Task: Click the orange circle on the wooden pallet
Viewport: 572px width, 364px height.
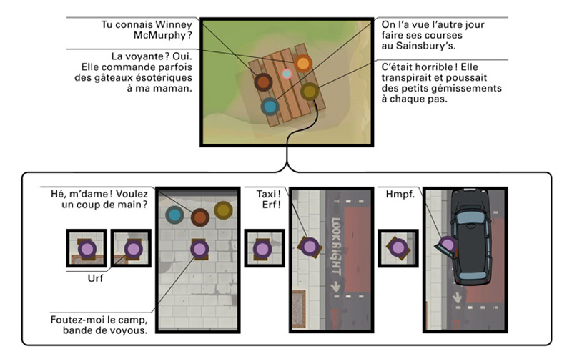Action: coord(303,64)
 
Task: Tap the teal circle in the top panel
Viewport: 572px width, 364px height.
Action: coord(270,107)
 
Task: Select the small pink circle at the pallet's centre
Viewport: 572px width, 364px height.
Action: coord(287,74)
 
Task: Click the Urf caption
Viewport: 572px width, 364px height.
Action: coord(95,278)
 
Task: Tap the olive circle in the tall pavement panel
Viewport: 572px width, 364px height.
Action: coord(224,211)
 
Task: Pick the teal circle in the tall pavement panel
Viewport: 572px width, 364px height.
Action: coord(174,214)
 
